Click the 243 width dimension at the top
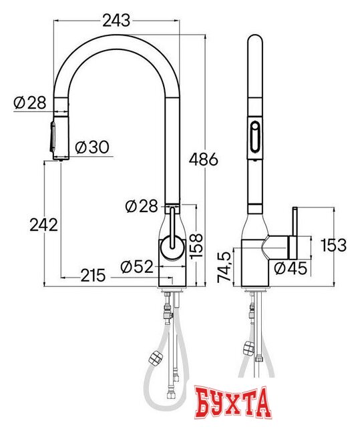click(x=116, y=21)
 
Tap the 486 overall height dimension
click(x=204, y=159)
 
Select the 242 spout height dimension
click(x=43, y=225)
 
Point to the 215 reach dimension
click(x=93, y=276)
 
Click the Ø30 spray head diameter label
click(x=92, y=147)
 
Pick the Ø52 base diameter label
click(x=137, y=267)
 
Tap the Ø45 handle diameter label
click(x=291, y=268)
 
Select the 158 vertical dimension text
click(x=196, y=246)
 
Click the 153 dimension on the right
click(x=333, y=245)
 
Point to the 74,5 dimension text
click(x=224, y=267)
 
